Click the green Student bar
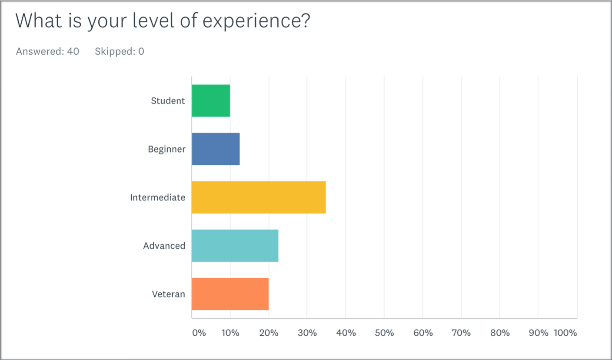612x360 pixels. pyautogui.click(x=211, y=100)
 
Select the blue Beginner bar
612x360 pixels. pyautogui.click(x=216, y=149)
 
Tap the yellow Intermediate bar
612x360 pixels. pyautogui.click(x=259, y=197)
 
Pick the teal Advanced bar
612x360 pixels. pyautogui.click(x=235, y=246)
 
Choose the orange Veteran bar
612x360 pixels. pyautogui.click(x=230, y=294)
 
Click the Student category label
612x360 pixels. pyautogui.click(x=168, y=101)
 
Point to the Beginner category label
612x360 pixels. pyautogui.click(x=166, y=149)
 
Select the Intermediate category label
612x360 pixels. pyautogui.click(x=157, y=197)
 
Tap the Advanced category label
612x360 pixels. pyautogui.click(x=164, y=246)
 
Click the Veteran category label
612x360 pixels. pyautogui.click(x=168, y=294)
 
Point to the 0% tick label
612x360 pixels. pyautogui.click(x=199, y=333)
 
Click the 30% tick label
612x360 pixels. pyautogui.click(x=307, y=333)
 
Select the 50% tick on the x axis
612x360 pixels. pyautogui.click(x=384, y=333)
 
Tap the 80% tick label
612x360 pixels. pyautogui.click(x=500, y=333)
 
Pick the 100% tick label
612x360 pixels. pyautogui.click(x=565, y=333)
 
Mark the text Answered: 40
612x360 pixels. pyautogui.click(x=47, y=51)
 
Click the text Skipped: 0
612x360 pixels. pyautogui.click(x=120, y=51)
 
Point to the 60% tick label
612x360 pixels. pyautogui.click(x=423, y=333)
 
